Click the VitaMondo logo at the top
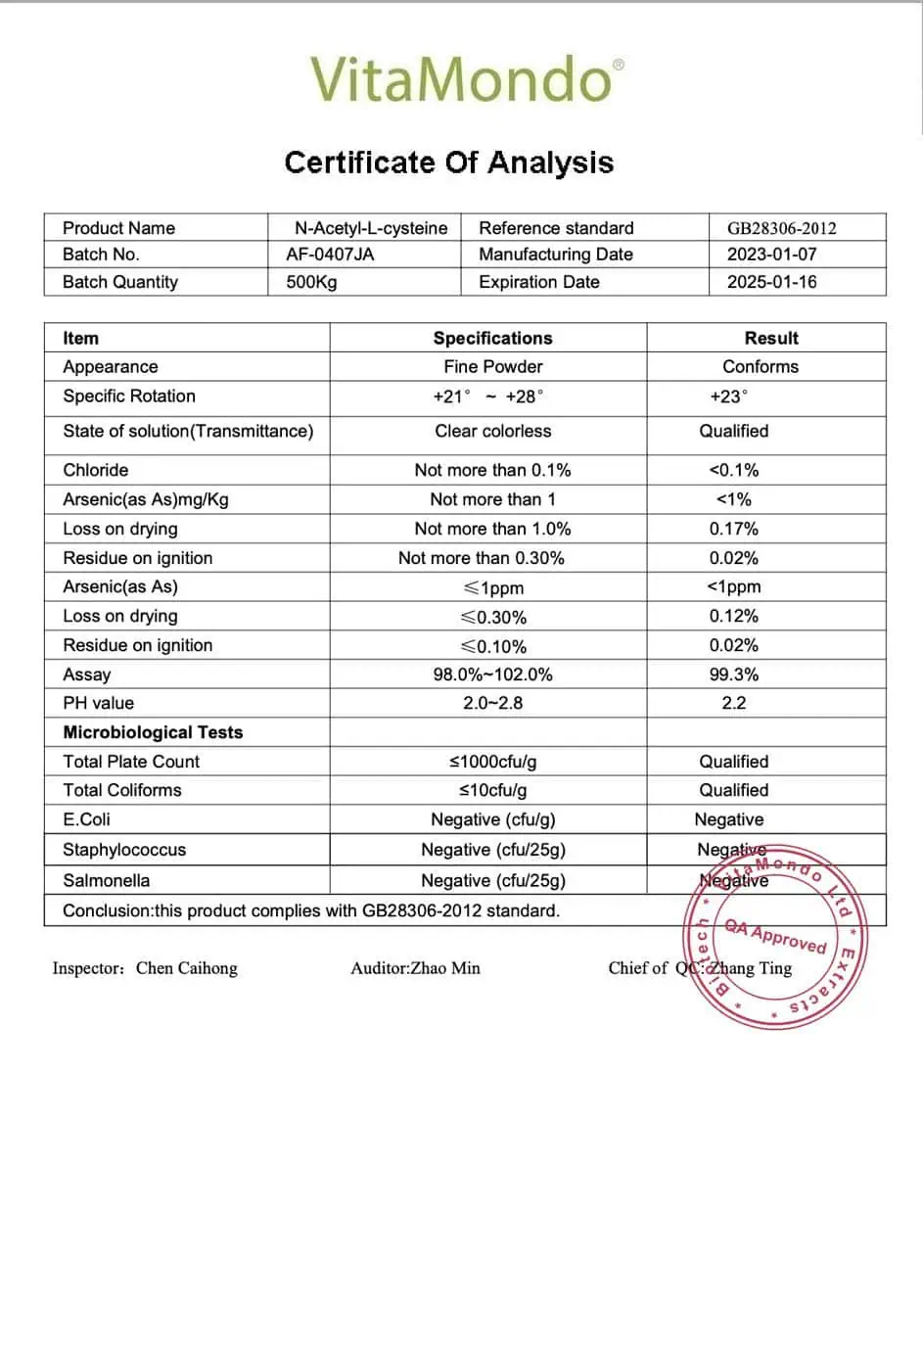(x=467, y=79)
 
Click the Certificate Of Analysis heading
(x=449, y=162)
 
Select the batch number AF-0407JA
(x=330, y=255)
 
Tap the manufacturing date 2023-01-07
(x=771, y=255)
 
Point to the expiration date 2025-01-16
(x=771, y=282)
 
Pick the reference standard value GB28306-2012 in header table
(x=781, y=228)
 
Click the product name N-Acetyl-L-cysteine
(x=371, y=228)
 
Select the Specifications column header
(x=492, y=338)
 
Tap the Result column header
(x=771, y=338)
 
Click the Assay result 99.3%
(x=734, y=675)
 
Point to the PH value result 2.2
(x=734, y=703)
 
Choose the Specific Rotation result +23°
(x=728, y=396)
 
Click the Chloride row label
(x=96, y=470)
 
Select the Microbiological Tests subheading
(x=153, y=732)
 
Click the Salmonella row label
(x=106, y=880)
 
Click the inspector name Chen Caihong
(x=186, y=968)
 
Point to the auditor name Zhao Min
(x=445, y=968)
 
